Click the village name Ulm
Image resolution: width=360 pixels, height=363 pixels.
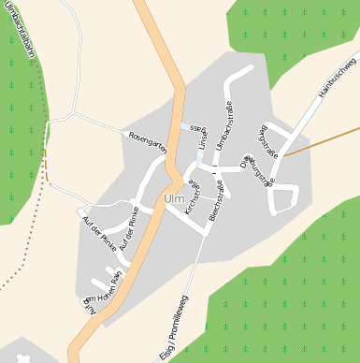coord(174,199)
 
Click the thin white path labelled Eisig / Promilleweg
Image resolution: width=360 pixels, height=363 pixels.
coord(183,290)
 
